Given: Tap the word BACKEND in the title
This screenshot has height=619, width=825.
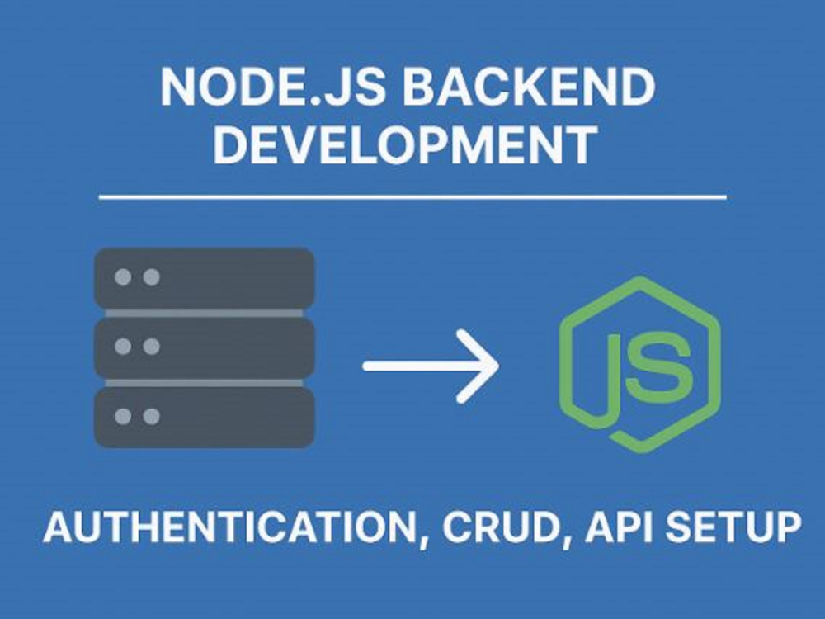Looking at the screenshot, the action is pos(529,87).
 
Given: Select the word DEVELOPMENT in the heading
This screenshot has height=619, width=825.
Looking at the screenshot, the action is pos(405,144).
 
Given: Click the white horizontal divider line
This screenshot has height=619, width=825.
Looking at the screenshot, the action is pos(412,197).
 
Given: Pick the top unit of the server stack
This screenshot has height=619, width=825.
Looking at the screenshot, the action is pos(204,278).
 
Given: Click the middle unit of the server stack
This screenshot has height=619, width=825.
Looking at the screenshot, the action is pos(204,347).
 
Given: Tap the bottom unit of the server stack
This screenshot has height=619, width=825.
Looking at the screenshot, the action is pos(204,417).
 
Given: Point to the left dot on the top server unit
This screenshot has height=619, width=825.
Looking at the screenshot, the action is pos(123,276).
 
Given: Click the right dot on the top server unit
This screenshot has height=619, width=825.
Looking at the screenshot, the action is pos(152,276).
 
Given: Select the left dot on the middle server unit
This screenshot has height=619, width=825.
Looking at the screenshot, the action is pos(123,347).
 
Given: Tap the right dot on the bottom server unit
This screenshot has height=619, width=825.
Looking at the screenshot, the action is pos(152,416).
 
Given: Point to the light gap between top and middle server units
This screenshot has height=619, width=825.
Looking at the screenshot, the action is pos(204,313).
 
